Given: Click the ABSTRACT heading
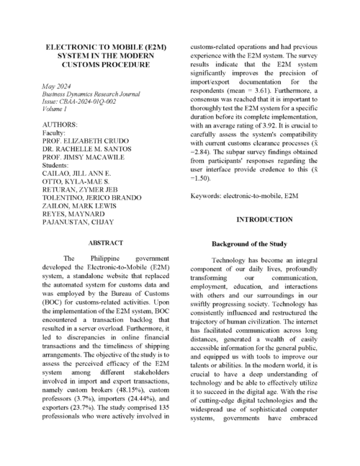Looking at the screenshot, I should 106,243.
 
